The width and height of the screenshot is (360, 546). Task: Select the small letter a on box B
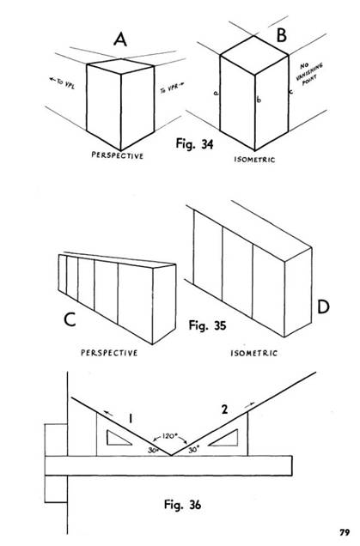(215, 92)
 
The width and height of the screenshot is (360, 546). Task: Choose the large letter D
(322, 308)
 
